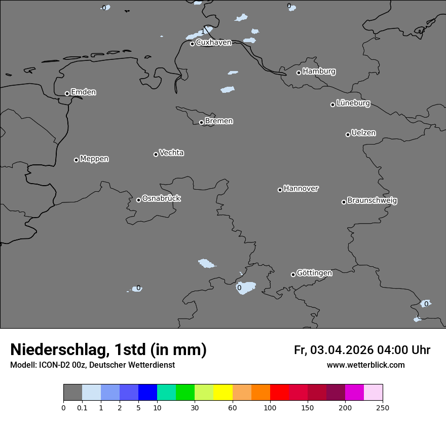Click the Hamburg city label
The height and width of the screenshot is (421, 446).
[x=319, y=72]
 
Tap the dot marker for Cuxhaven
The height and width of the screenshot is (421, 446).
[x=193, y=44]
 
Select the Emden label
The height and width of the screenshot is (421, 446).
[x=83, y=92]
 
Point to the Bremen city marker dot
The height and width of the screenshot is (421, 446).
[x=201, y=122]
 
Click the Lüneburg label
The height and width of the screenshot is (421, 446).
[x=353, y=103]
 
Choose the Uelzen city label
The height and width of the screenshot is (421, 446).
[x=363, y=133]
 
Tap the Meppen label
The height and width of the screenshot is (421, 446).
[x=94, y=159]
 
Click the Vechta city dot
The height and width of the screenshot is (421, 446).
[x=156, y=154]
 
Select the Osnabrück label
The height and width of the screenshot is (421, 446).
[x=161, y=199]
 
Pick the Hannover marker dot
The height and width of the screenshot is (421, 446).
[x=280, y=190]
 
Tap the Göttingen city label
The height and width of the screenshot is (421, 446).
[x=314, y=273]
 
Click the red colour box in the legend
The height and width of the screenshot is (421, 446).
[x=279, y=393]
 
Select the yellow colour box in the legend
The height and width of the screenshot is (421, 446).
[x=223, y=393]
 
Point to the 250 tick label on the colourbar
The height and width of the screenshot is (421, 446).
[x=383, y=407]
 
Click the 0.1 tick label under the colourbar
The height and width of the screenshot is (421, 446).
[x=82, y=407]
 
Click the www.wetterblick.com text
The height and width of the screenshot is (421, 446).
[x=365, y=365]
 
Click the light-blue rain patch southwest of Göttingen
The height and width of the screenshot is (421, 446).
[x=247, y=288]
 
